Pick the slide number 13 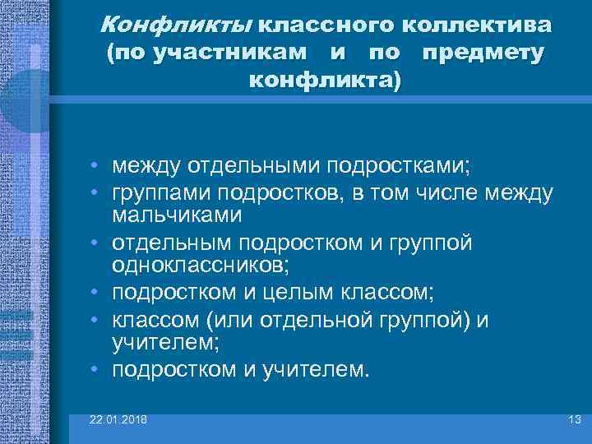575,420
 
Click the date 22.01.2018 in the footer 119,420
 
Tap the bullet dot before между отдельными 96,168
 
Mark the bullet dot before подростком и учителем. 96,369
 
